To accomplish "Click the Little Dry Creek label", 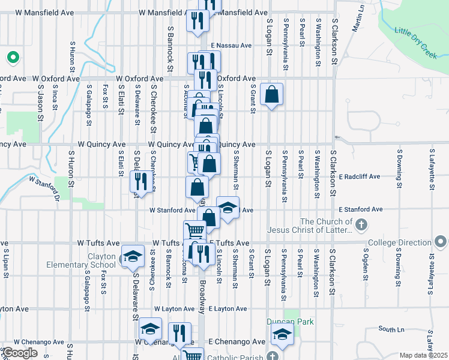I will pos(418,38).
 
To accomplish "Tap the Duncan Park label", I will pos(291,322).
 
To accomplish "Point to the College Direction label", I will pos(400,242).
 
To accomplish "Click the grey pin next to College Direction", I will pos(441,242).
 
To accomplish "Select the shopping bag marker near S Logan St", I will pos(271,94).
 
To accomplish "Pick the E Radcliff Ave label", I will pos(360,177).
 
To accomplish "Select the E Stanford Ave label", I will pos(360,209).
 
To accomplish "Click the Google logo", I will pos(20,353).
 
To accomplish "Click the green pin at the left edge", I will pos(12,58).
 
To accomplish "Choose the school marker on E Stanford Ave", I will pos(228,208).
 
